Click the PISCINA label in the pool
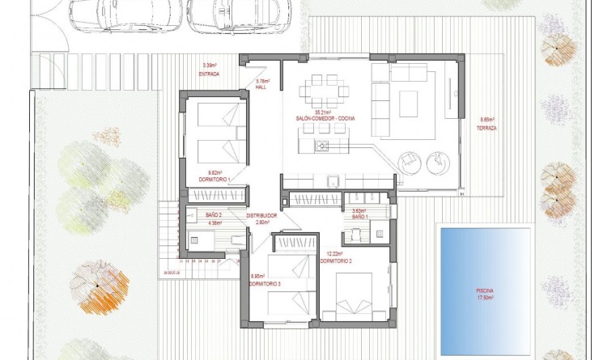tap(485, 290)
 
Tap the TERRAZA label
tap(486, 128)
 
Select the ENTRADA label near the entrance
tap(210, 74)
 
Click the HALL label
tap(261, 87)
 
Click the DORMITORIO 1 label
tap(215, 179)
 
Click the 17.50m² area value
tap(485, 297)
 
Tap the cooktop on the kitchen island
tap(321, 146)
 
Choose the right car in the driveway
tap(229, 15)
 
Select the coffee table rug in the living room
tap(408, 103)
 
